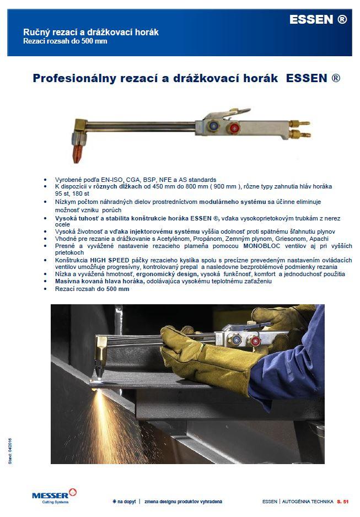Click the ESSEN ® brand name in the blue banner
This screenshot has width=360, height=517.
tap(318, 20)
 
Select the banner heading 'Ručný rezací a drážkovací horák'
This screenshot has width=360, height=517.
tap(90, 32)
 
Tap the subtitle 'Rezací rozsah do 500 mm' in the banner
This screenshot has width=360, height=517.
tap(65, 41)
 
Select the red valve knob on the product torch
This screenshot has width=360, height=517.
tap(235, 129)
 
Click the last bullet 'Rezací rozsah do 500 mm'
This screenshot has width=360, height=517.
tap(92, 288)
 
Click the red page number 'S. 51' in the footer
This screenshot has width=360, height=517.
tap(343, 502)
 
